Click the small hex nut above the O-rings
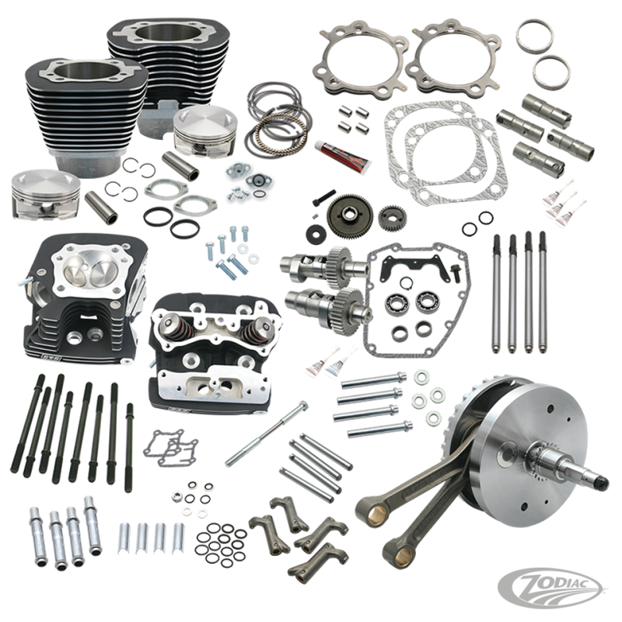[176, 496]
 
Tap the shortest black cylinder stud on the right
[129, 448]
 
